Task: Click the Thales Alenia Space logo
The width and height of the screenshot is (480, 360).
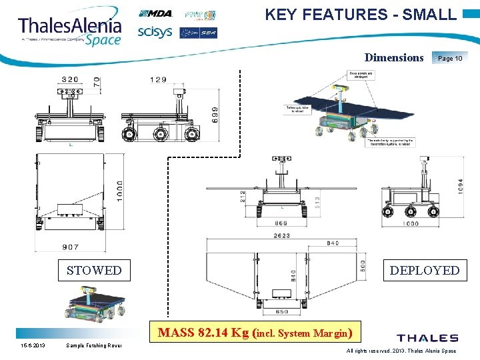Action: [70, 28]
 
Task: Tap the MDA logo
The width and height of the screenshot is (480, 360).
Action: [155, 14]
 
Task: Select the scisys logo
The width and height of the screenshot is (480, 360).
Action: [155, 32]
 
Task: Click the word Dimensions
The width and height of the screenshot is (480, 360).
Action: [394, 57]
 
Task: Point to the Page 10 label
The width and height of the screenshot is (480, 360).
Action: [450, 58]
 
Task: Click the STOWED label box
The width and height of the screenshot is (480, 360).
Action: [94, 270]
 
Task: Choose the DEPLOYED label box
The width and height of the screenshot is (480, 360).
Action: [425, 270]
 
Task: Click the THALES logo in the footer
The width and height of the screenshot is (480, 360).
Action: [427, 338]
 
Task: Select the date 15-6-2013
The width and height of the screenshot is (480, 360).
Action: [32, 346]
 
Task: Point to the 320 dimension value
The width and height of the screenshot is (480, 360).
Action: [70, 79]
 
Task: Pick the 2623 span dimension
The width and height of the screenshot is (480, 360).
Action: [281, 235]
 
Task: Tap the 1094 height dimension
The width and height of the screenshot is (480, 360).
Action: [458, 185]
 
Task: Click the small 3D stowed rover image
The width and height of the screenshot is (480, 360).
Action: [93, 303]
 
